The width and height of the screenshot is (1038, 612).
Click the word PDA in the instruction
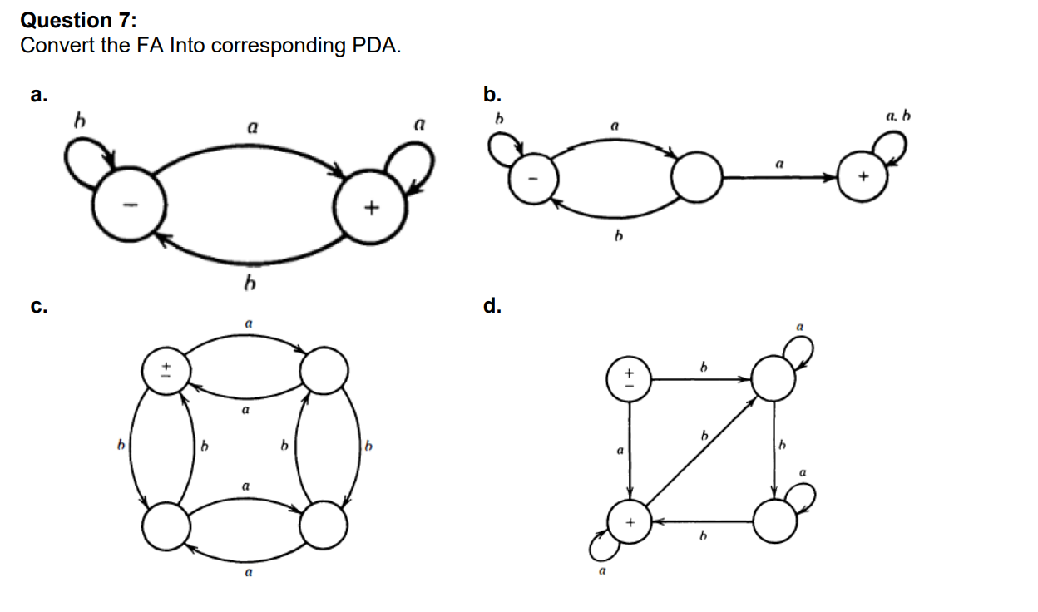(x=378, y=45)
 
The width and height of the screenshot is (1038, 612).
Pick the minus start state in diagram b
(x=533, y=180)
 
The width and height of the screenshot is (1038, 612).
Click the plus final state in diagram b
(x=862, y=178)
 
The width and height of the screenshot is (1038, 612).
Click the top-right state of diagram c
(x=324, y=370)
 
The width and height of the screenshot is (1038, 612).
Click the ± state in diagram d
(x=630, y=378)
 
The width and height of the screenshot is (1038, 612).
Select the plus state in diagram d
(x=630, y=522)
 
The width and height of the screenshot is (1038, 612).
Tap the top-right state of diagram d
(x=774, y=379)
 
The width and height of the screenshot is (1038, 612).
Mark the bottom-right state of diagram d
(x=775, y=522)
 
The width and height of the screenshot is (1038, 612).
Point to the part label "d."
(x=493, y=307)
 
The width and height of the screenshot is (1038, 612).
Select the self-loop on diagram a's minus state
(x=86, y=164)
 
